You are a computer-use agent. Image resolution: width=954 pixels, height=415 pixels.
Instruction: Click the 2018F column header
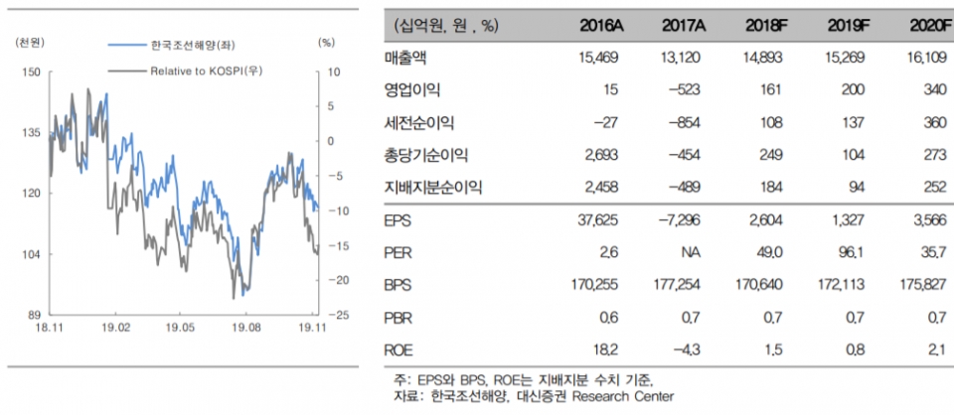763,25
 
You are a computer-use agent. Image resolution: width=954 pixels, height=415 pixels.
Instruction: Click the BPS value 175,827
922,285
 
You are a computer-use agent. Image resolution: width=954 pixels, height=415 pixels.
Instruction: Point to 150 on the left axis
31,72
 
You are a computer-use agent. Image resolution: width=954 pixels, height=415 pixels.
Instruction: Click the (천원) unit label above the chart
30,44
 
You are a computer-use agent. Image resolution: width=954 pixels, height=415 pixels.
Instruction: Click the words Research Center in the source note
632,396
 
